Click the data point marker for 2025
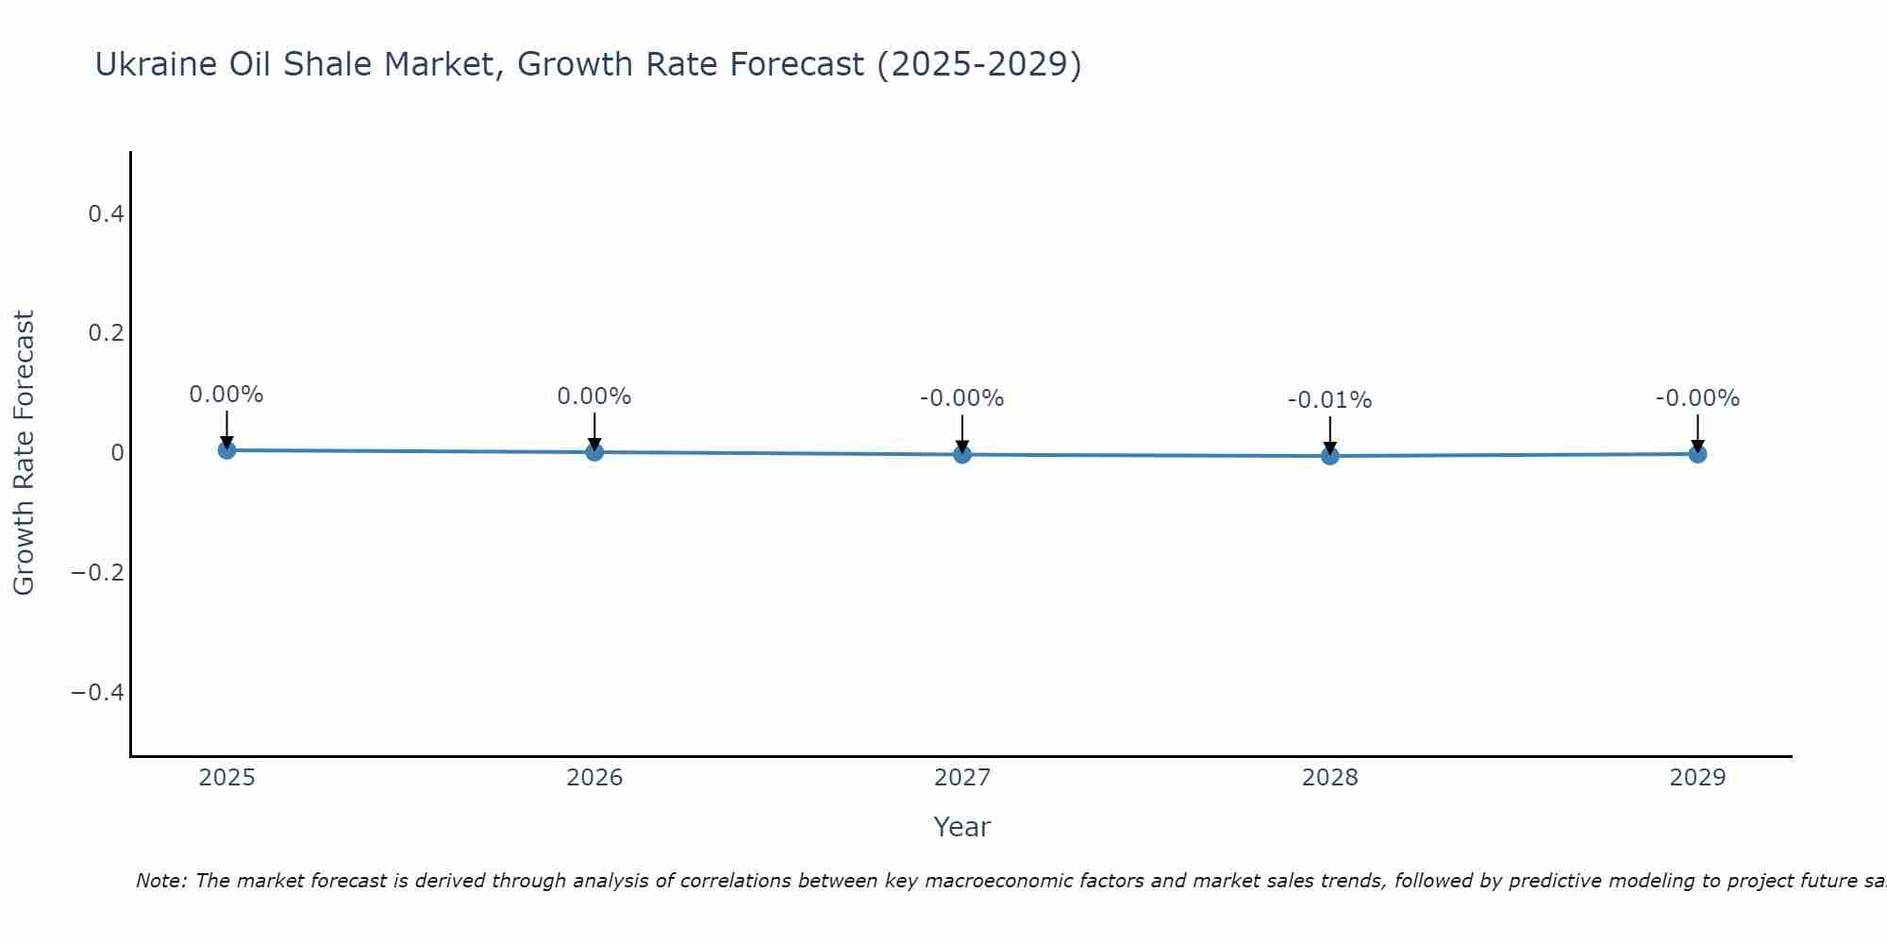click(x=226, y=450)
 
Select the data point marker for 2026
click(x=594, y=452)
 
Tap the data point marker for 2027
click(x=962, y=454)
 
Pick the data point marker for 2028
click(x=1329, y=456)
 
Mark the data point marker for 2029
click(x=1697, y=454)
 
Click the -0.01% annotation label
click(x=1329, y=400)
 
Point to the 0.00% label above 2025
click(x=226, y=395)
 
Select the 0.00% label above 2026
click(x=594, y=396)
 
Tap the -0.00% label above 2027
click(x=962, y=398)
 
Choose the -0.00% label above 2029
click(x=1697, y=398)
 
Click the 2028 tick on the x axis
click(x=1329, y=778)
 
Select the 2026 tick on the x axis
click(x=594, y=778)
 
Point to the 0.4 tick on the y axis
click(x=106, y=214)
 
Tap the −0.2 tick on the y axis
click(x=98, y=573)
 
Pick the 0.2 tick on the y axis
click(x=106, y=333)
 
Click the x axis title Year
click(x=961, y=827)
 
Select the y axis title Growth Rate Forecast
click(x=24, y=453)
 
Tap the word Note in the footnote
click(x=161, y=881)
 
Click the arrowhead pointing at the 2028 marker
click(x=1329, y=447)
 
